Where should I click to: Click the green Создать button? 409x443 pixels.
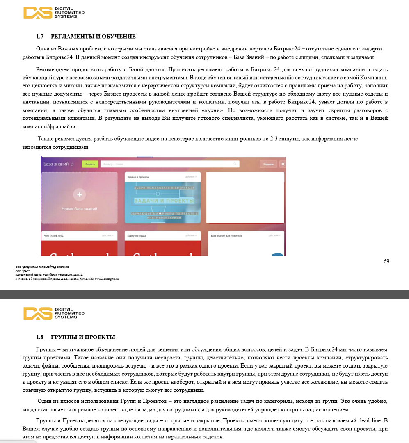(x=90, y=164)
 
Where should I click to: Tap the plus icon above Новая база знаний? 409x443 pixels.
(x=79, y=195)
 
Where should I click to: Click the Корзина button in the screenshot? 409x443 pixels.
(x=268, y=164)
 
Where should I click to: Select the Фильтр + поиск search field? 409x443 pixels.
(x=170, y=164)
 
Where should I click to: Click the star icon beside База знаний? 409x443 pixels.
(x=72, y=164)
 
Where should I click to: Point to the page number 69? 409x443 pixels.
(x=386, y=261)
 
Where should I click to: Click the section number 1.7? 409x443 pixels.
(x=40, y=37)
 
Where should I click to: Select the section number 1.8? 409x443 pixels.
(x=40, y=337)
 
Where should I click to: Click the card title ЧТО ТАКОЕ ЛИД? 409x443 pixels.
(x=53, y=236)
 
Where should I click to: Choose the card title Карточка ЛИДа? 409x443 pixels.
(x=137, y=236)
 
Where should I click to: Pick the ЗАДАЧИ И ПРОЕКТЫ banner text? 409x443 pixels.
(x=164, y=201)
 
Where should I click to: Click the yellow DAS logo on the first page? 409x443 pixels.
(x=38, y=13)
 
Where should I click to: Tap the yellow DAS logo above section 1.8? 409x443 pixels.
(x=38, y=313)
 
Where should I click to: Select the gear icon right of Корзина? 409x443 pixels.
(x=282, y=164)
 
